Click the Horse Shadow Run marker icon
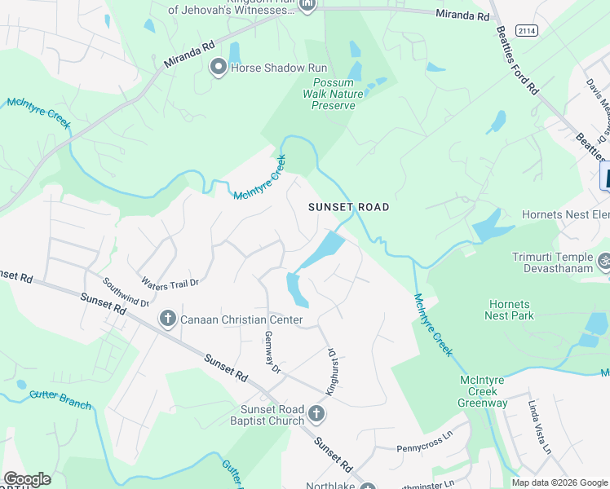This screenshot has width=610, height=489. [x=219, y=68]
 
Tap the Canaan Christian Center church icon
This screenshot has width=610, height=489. [x=168, y=318]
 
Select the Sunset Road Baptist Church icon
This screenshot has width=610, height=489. [x=316, y=415]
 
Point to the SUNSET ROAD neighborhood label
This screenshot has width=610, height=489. [x=348, y=208]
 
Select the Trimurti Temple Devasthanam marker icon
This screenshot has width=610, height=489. [x=604, y=262]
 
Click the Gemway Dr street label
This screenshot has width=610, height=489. [x=272, y=353]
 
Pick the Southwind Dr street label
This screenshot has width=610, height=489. [x=126, y=292]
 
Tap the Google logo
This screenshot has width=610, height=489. [x=27, y=479]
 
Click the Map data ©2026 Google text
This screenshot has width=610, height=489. [x=559, y=482]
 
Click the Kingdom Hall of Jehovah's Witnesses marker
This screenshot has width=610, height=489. [x=307, y=6]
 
